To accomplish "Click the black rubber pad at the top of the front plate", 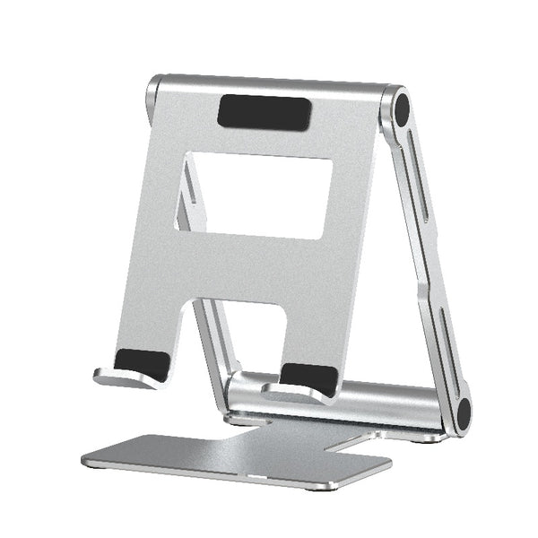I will pos(265,112).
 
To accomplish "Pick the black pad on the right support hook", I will pos(309,377).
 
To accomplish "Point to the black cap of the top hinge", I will pos(402,109).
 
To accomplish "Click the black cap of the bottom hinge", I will pos(463,413).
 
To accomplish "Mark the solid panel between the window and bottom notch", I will pos(247,269).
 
